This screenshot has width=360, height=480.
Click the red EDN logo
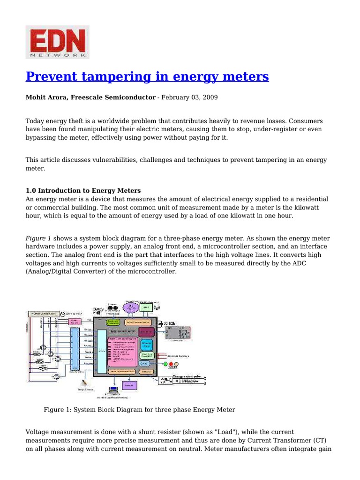57,42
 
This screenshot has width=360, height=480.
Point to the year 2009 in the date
210,97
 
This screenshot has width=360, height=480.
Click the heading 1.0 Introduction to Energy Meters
83,191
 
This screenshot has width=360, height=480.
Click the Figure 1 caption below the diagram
139,410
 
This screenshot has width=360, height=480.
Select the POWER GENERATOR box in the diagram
44,314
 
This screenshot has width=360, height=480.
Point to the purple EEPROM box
129,385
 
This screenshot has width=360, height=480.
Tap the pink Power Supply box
75,322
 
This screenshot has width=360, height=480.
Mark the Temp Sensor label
85,389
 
